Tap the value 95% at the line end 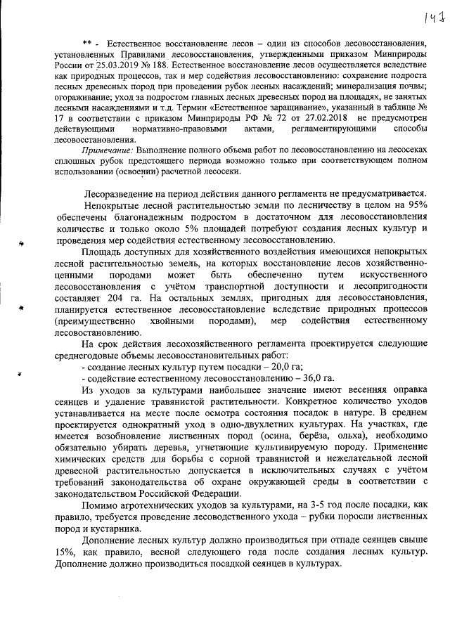tap(414, 205)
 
